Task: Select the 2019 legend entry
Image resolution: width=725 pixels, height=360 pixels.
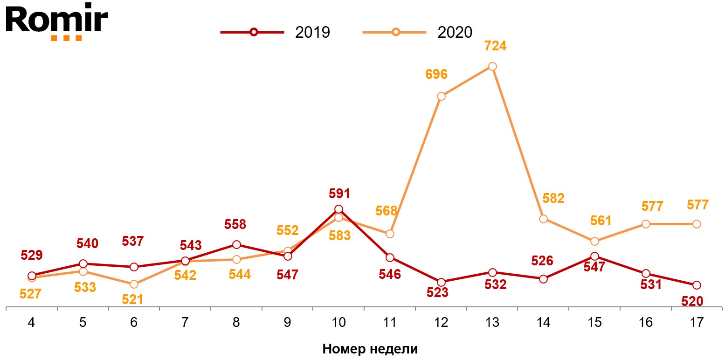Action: coord(276,32)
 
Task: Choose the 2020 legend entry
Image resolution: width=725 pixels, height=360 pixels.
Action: coord(418,32)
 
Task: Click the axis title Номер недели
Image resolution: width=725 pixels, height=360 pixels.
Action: coord(370,349)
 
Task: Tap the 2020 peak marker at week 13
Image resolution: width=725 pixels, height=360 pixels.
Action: coord(492,66)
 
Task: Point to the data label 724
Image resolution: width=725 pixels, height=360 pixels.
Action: coord(495,46)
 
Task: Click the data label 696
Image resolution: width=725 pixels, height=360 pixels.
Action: coord(436,74)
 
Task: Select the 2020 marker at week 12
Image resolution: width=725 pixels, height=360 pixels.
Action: coord(441,97)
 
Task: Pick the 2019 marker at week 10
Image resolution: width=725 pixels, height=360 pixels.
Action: coord(339,209)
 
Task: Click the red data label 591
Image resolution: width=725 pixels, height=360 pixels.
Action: coord(339,194)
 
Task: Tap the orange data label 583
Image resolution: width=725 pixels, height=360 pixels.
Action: coord(339,235)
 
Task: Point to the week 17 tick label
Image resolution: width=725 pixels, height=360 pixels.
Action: coord(697,323)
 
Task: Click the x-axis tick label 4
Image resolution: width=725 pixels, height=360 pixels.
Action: coord(32,323)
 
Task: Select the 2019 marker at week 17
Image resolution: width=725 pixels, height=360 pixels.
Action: coord(697,285)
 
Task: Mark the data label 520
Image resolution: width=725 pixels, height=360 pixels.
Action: coord(692,302)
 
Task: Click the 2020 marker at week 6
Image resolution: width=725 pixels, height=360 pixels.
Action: coord(134,284)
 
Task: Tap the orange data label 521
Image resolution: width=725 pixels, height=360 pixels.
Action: coord(132,299)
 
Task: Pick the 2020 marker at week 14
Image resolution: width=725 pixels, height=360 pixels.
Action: coord(543,219)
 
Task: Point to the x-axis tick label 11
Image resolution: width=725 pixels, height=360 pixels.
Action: coord(390,323)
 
